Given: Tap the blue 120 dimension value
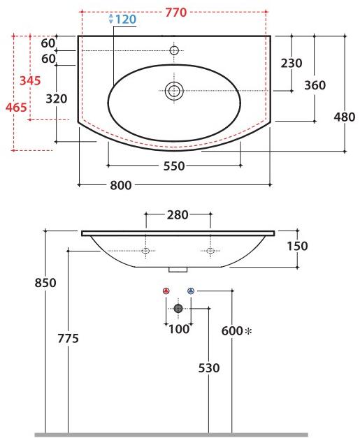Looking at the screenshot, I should point(125,20).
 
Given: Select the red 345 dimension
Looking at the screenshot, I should point(30,81).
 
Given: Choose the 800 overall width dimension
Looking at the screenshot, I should point(121,185).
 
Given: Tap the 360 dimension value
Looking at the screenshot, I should point(315,85).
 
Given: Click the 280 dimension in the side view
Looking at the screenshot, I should point(178,214).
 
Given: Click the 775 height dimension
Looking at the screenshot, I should point(68,338).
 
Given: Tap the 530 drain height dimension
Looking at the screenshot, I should point(208,368).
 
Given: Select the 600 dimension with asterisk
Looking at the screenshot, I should point(236,332).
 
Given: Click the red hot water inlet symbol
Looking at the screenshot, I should point(166,291).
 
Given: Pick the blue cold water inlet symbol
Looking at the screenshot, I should point(190,291).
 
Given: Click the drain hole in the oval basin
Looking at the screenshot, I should point(173,89).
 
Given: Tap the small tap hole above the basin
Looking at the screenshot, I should point(174,50).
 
